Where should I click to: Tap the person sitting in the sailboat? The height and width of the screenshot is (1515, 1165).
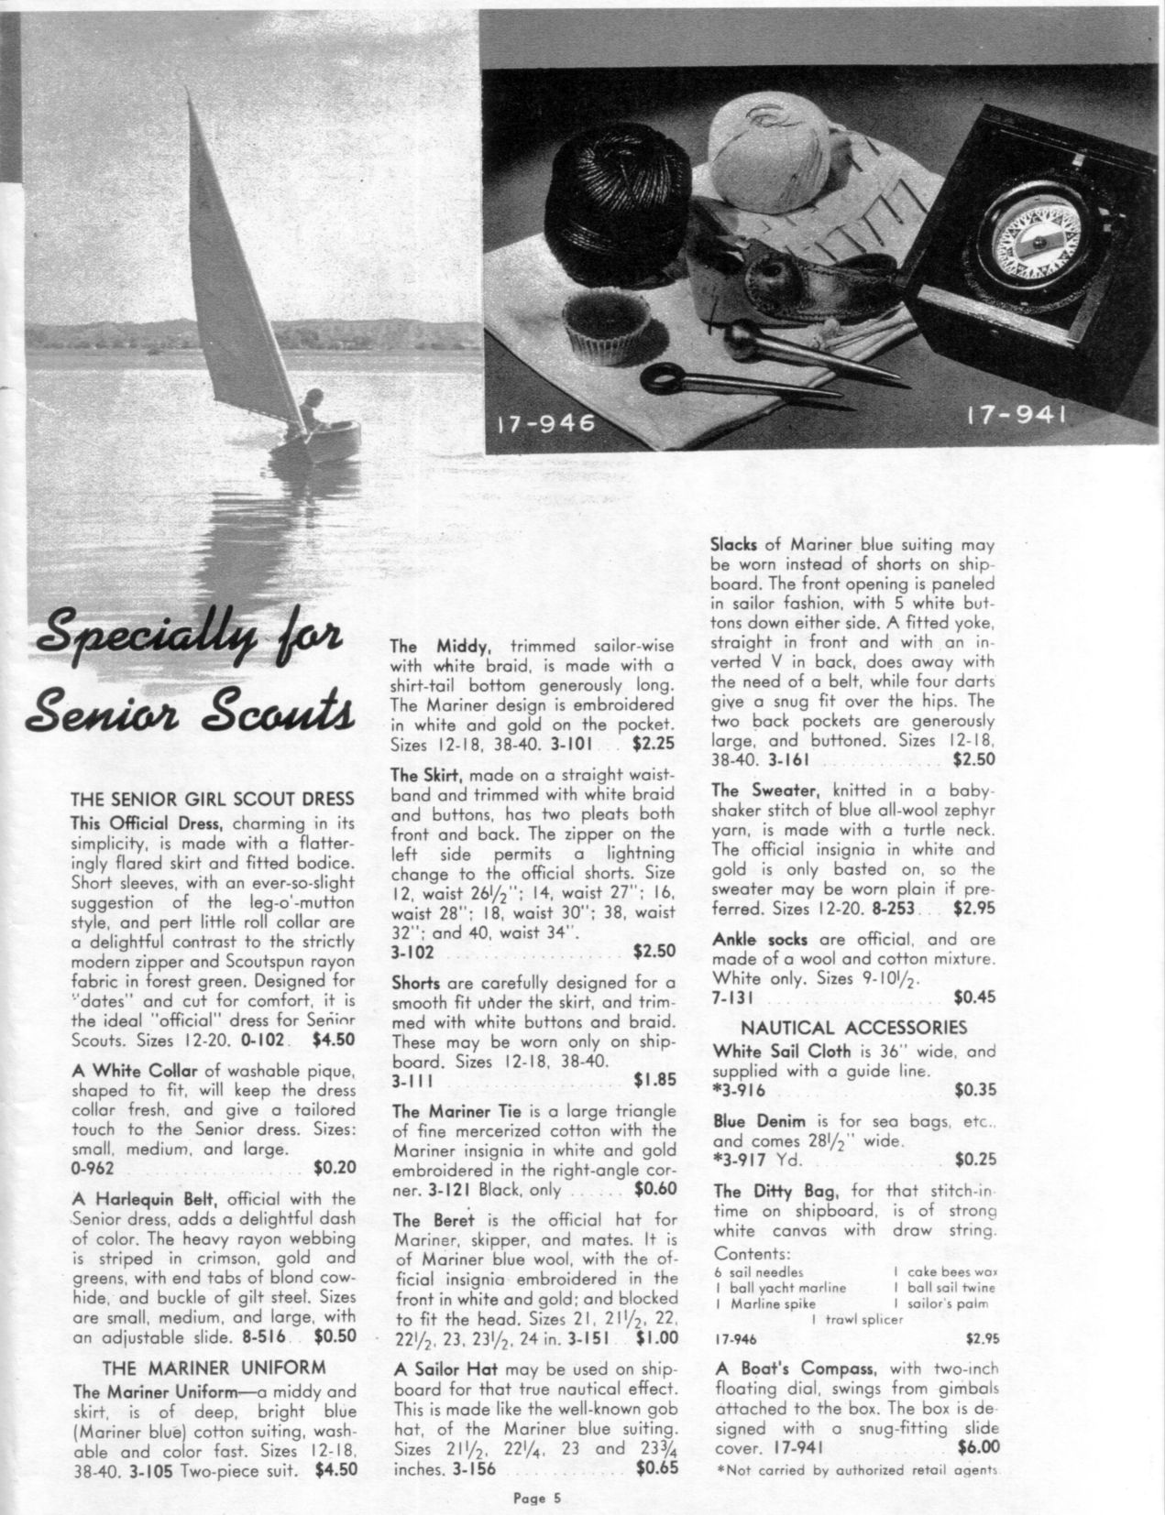[x=312, y=408]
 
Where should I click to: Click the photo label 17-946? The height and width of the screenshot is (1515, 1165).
[x=546, y=423]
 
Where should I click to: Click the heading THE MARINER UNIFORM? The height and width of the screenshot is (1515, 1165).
[x=214, y=1368]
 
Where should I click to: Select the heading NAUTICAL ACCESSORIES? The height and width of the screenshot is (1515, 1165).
[x=853, y=1027]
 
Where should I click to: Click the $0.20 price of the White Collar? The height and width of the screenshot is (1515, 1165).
[x=335, y=1168]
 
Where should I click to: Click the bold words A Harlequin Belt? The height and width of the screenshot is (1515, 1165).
[x=141, y=1198]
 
